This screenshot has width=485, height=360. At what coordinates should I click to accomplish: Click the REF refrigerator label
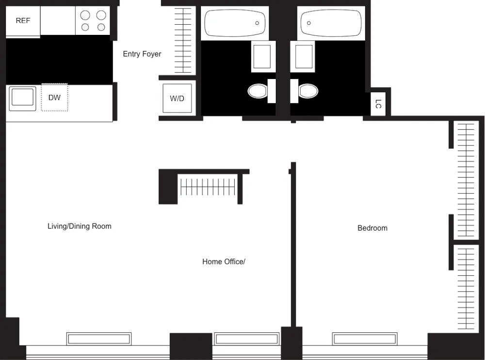click(x=23, y=20)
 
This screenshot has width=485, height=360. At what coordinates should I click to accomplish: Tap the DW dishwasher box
click(x=54, y=97)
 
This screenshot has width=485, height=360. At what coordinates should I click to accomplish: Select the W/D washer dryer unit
click(x=177, y=99)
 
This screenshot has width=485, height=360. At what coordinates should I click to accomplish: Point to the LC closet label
click(x=378, y=104)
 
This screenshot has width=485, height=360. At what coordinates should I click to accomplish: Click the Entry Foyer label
click(x=142, y=54)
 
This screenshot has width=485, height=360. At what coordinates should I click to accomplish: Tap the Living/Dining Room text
click(x=79, y=226)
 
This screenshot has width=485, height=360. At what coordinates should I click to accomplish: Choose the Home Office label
click(x=224, y=262)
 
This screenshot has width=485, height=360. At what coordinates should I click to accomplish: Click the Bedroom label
click(x=372, y=228)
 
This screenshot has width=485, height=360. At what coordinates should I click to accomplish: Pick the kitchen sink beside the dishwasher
click(x=22, y=99)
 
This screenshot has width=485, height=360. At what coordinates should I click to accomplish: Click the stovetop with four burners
click(x=94, y=21)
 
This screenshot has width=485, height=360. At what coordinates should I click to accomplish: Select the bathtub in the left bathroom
click(x=235, y=22)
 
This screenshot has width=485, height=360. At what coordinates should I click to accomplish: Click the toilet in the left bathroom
click(x=259, y=91)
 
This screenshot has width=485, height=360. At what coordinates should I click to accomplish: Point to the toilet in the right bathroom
click(x=307, y=91)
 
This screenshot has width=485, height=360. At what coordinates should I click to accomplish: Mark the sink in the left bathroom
click(x=263, y=56)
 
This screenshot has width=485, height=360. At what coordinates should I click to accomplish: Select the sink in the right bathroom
click(x=304, y=56)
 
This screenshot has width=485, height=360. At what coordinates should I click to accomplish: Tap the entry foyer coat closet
click(x=183, y=40)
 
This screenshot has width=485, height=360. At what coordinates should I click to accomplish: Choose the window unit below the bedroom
click(x=364, y=338)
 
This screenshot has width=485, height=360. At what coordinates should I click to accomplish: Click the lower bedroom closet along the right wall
click(x=466, y=288)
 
